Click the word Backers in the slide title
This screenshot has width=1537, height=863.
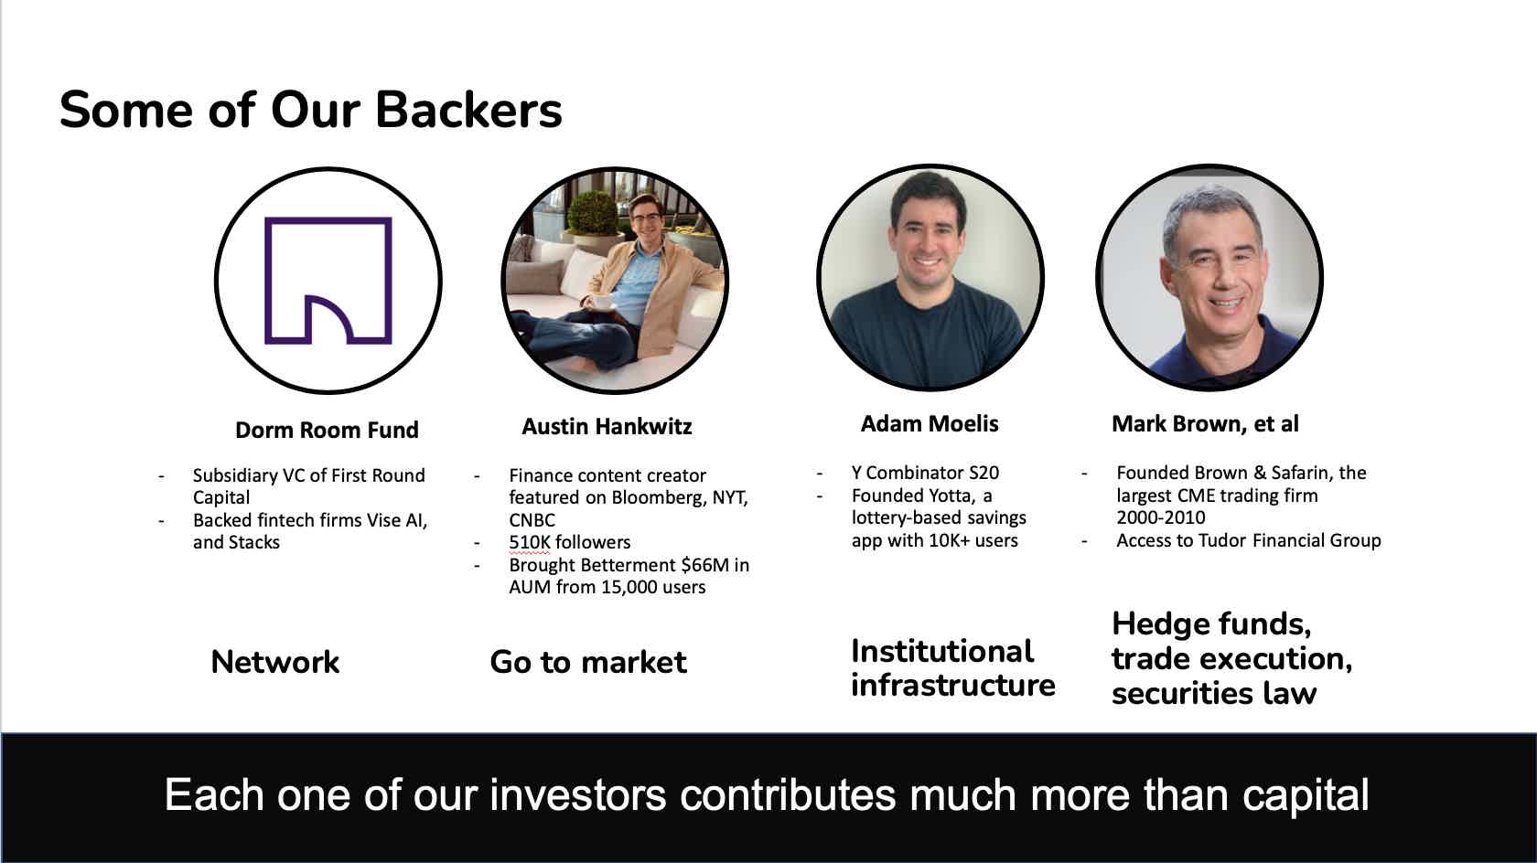pos(468,111)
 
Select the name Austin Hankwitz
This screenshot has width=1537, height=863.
pos(607,427)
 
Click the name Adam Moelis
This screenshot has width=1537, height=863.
pos(929,424)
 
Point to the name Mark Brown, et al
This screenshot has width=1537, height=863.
pos(1204,424)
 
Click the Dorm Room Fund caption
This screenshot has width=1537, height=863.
pos(327,431)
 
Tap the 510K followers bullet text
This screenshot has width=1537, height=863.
pos(569,542)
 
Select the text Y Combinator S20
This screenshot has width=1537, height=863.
pos(924,473)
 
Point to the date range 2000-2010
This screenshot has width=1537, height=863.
pos(1160,517)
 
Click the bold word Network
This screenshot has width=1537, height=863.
pos(274,662)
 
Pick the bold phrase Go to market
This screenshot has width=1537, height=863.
pos(587,662)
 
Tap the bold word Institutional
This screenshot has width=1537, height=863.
pos(941,651)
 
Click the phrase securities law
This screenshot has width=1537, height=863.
pos(1213,694)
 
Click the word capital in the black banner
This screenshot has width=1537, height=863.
pos(1305,795)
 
